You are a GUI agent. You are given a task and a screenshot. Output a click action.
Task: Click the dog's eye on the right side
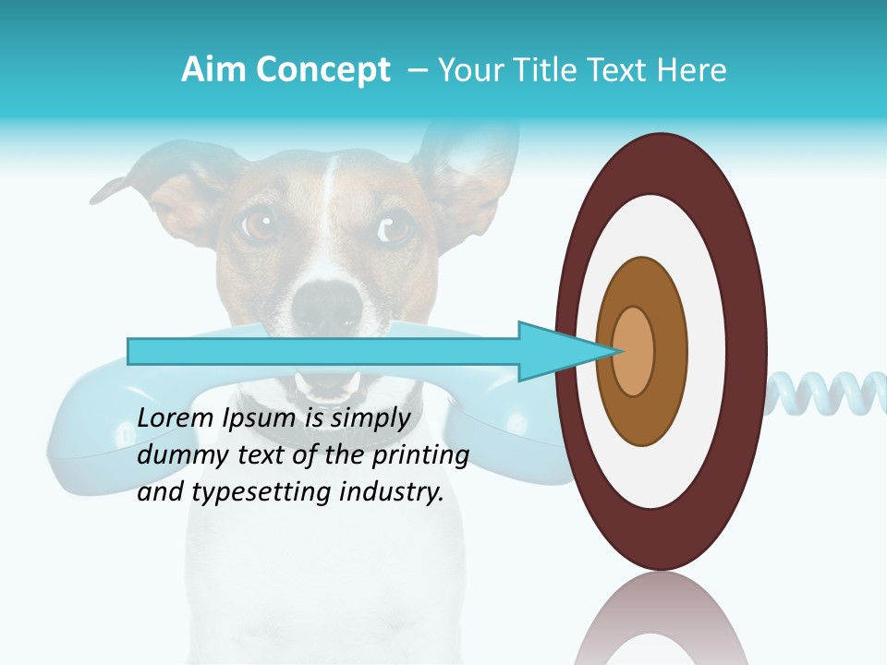pyautogui.click(x=395, y=226)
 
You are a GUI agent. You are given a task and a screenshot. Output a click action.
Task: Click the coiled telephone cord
pyautogui.click(x=827, y=393)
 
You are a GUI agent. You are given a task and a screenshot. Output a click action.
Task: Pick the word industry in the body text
pyautogui.click(x=394, y=492)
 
